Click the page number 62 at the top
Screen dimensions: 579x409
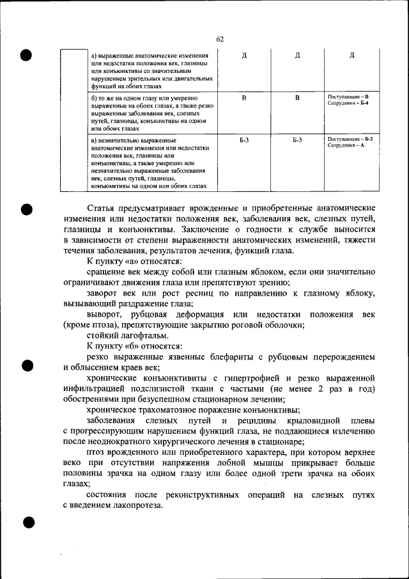coord(219,40)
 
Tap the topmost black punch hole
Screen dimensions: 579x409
coord(26,54)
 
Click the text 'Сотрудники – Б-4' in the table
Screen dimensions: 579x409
coord(348,103)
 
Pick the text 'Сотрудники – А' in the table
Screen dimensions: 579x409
coord(345,146)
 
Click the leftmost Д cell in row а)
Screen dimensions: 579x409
coord(244,55)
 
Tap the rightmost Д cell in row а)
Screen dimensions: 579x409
coord(351,55)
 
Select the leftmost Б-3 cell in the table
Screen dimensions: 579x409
coord(244,139)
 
